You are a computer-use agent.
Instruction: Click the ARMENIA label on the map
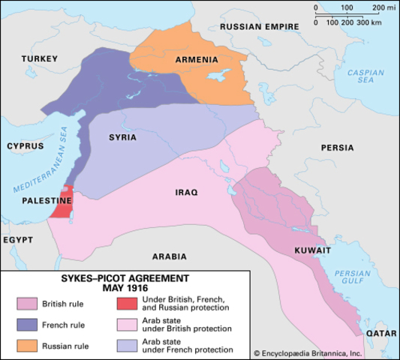pos(197,60)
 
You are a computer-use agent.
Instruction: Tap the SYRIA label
pos(122,138)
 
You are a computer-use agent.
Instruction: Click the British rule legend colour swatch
pos(27,304)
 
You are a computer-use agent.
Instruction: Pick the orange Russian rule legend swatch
pos(27,346)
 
